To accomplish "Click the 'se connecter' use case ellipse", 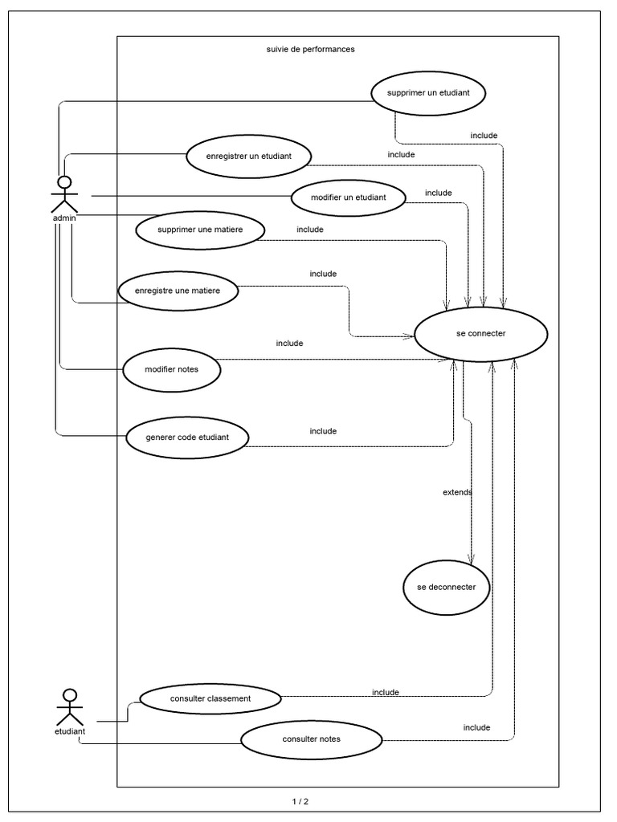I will pos(480,334).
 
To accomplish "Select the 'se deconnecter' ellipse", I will pos(447,587).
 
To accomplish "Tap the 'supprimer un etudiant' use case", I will pos(428,92).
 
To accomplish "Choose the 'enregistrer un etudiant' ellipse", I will pos(248,156).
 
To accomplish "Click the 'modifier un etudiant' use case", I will pos(347,197).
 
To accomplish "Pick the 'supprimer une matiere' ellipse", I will pos(200,230).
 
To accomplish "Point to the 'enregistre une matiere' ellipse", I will pos(178,291).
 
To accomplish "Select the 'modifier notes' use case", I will pos(171,370).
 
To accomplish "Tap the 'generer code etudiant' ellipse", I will pos(187,437).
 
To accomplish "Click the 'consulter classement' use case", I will pos(210,698).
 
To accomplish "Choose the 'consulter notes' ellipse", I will pos(311,739).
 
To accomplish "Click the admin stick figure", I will pos(64,193).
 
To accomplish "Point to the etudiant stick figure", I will pos(70,707).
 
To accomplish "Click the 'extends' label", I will pos(457,491).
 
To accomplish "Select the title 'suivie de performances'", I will pos(310,49).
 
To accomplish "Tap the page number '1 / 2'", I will pos(300,801).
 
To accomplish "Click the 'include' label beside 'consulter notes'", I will pos(476,727).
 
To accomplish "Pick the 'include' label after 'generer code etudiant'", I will pos(323,431).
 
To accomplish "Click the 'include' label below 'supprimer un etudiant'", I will pos(484,135).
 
